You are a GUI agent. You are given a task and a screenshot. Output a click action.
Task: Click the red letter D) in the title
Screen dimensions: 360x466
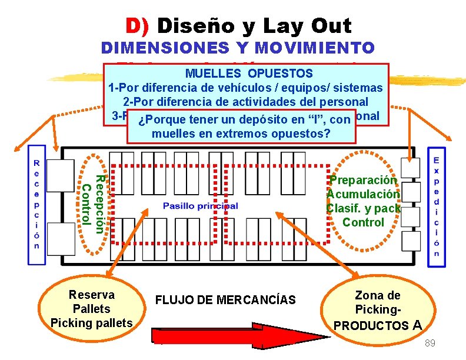click(138, 26)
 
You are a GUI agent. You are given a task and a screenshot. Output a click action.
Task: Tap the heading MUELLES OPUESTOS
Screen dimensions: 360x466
click(249, 74)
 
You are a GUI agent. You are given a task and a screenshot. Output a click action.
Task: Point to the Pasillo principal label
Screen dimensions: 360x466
click(201, 206)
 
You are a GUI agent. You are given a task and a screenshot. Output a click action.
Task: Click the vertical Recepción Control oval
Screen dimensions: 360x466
click(93, 200)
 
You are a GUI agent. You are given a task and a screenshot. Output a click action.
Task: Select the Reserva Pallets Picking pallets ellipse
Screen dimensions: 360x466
click(92, 308)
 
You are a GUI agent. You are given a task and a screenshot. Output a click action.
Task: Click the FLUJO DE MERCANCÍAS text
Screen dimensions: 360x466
click(225, 300)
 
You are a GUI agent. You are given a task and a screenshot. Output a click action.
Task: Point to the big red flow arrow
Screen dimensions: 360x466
click(235, 334)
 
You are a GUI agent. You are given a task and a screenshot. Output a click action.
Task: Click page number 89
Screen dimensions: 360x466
click(430, 342)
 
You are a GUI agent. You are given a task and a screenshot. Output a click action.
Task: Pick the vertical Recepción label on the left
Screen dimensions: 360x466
click(36, 204)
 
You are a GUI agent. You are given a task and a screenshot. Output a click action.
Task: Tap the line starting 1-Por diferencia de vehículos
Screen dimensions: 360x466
click(245, 88)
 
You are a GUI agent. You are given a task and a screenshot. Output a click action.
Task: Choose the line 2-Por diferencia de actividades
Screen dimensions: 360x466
click(245, 101)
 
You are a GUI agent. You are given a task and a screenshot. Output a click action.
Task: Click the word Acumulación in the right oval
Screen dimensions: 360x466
click(364, 194)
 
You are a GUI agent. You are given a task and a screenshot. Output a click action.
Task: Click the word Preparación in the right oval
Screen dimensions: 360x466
click(364, 180)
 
